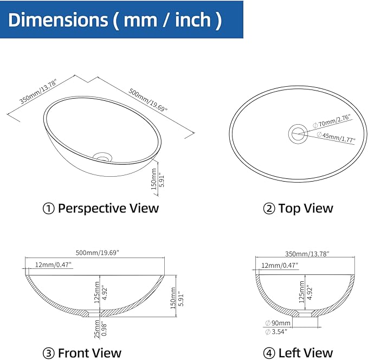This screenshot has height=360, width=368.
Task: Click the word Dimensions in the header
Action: (x=58, y=20)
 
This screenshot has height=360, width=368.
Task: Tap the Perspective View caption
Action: (x=101, y=208)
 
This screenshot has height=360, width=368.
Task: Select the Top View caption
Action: (x=298, y=208)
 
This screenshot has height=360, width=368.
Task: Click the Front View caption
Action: (x=82, y=353)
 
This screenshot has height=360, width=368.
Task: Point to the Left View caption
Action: (x=298, y=353)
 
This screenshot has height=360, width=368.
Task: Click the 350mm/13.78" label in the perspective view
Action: (x=38, y=92)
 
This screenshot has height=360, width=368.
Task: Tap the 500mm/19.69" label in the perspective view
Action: (x=148, y=100)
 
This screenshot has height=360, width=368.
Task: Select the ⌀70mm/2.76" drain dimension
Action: (x=332, y=121)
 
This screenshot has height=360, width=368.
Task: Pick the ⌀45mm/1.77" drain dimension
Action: (x=336, y=137)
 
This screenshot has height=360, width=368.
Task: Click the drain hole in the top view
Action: (x=298, y=134)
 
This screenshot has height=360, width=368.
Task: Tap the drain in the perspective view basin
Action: (x=102, y=157)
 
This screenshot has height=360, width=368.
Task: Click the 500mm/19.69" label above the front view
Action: (x=98, y=253)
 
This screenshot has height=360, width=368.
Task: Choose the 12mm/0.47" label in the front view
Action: (x=53, y=265)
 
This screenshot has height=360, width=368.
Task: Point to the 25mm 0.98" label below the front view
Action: (x=100, y=329)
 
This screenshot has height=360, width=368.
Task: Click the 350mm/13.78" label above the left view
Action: (x=307, y=254)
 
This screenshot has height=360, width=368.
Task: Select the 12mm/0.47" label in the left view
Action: (x=280, y=266)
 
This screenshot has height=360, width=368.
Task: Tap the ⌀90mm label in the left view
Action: (x=278, y=323)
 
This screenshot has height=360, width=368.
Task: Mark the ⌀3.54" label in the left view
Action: (x=276, y=332)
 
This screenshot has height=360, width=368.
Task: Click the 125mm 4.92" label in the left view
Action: (x=306, y=292)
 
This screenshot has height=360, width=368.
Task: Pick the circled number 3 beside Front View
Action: (x=49, y=353)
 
